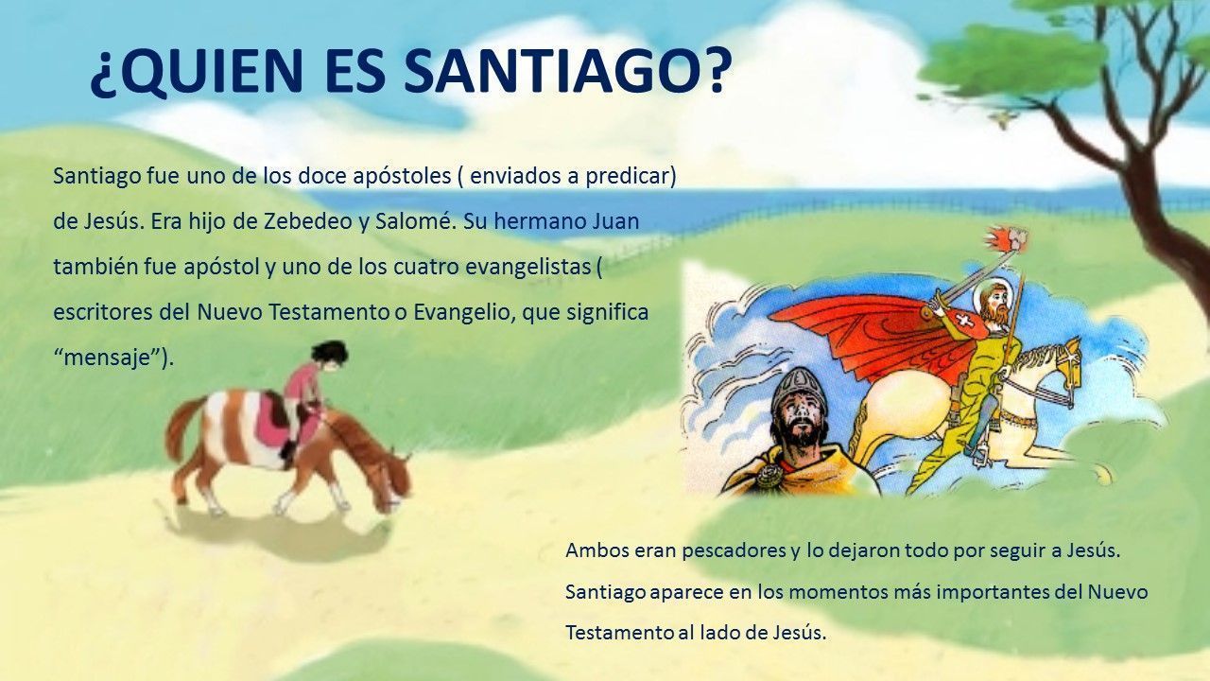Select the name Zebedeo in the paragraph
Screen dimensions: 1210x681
point(308,221)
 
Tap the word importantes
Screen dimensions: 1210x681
point(993,592)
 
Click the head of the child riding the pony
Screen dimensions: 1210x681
point(328,356)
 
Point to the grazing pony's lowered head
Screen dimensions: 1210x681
point(391,481)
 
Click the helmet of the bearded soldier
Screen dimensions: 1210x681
point(799,388)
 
